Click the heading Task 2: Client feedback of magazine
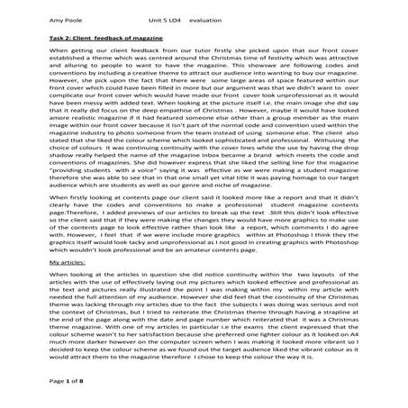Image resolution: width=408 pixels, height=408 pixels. click(x=110, y=40)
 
